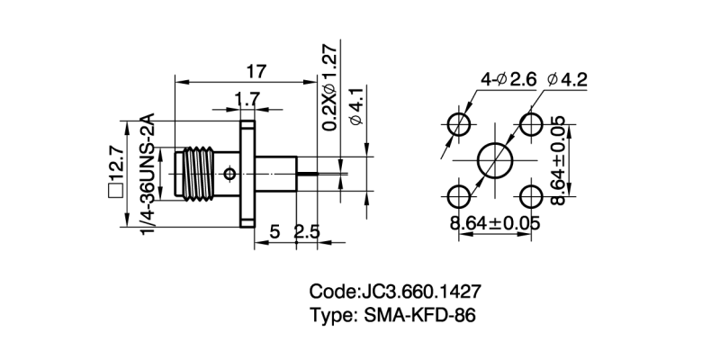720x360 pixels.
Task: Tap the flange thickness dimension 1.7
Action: tap(248, 97)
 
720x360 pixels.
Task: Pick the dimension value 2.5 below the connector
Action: tap(307, 232)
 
